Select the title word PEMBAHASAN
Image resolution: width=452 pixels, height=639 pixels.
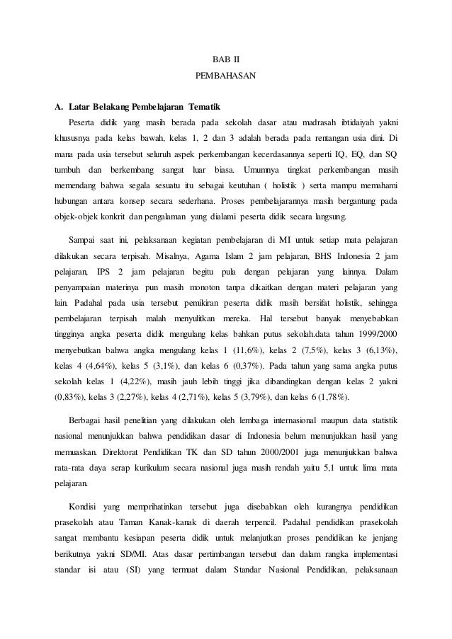tap(225, 74)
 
